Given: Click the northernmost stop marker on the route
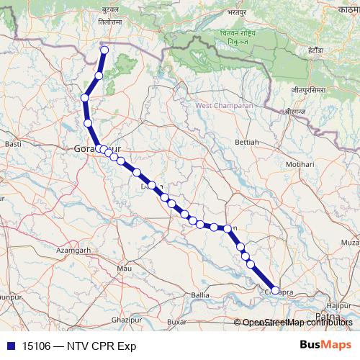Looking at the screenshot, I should coord(104,50).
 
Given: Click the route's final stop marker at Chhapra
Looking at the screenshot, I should coord(274,290).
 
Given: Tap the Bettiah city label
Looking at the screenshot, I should coord(246,143).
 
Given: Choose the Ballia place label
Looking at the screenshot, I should coord(200,295).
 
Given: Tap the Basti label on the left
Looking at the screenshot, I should coord(13,144).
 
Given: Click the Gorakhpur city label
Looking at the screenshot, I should coord(90,148).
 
